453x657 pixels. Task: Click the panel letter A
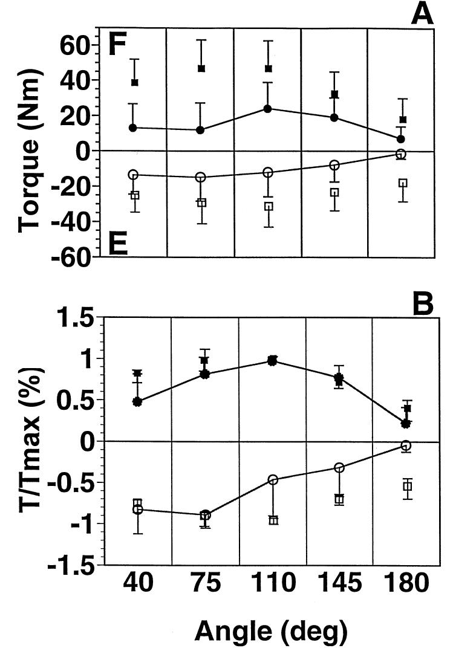pos(422,13)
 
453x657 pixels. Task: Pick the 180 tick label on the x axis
pos(405,584)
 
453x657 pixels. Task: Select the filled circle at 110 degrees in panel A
pos(267,109)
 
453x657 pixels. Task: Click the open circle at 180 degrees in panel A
pos(401,155)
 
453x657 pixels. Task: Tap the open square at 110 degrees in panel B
pos(273,520)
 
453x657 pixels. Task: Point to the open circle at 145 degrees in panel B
pos(339,468)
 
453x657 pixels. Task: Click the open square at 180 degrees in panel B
pos(408,487)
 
